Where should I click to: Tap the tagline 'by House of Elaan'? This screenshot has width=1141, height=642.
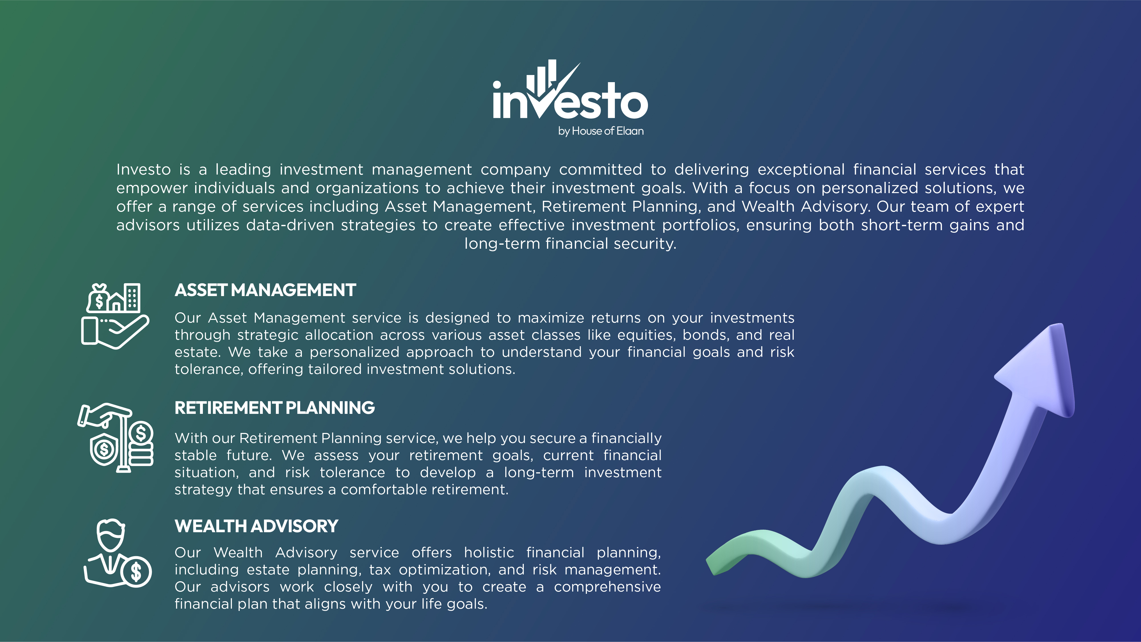[x=601, y=131]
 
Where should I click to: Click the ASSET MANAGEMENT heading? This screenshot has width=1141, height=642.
[x=265, y=290]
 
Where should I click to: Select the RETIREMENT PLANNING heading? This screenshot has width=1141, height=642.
[x=274, y=408]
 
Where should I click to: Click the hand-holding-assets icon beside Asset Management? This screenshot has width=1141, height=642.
[x=115, y=316]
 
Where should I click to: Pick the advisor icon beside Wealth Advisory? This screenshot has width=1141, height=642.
[x=117, y=554]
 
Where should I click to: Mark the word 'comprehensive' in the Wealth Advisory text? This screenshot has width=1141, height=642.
[x=607, y=588]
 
